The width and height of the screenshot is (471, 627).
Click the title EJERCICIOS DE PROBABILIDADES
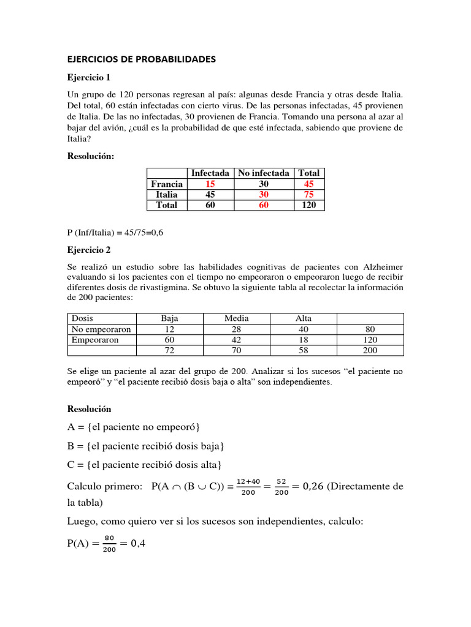pyautogui.click(x=141, y=59)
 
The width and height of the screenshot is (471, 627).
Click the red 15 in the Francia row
pyautogui.click(x=210, y=184)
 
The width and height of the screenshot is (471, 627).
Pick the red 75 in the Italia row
pyautogui.click(x=308, y=195)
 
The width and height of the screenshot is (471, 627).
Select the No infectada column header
pyautogui.click(x=264, y=173)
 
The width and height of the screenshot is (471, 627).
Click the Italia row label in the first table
pyautogui.click(x=166, y=195)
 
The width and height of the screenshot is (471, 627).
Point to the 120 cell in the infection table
pyautogui.click(x=308, y=205)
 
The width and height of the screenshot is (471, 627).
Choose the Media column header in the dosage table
pyautogui.click(x=236, y=318)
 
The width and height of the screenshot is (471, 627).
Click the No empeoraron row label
pyautogui.click(x=101, y=329)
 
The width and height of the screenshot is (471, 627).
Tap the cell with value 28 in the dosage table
pyautogui.click(x=236, y=329)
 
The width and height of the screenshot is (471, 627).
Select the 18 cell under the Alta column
pyautogui.click(x=304, y=340)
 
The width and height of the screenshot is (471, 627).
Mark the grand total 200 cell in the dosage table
pyautogui.click(x=370, y=350)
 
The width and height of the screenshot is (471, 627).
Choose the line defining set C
pyautogui.click(x=144, y=465)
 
